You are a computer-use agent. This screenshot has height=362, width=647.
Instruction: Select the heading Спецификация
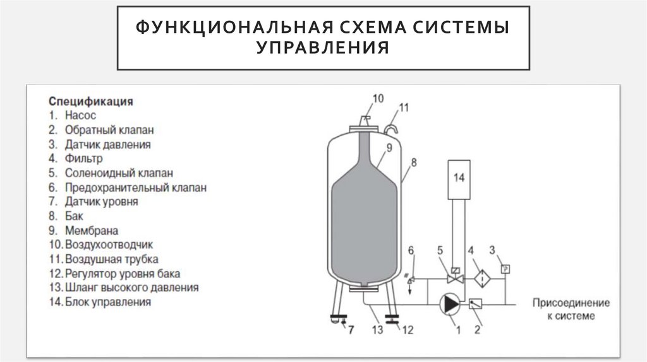[x=90, y=101]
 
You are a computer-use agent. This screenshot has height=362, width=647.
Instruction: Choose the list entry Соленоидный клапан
[x=118, y=173]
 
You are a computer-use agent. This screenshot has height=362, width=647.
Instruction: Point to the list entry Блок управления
[x=107, y=302]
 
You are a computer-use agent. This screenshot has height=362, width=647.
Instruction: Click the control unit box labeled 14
[x=459, y=178]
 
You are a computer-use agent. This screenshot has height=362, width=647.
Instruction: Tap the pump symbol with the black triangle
[x=450, y=304]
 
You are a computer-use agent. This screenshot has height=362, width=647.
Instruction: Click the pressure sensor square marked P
[x=505, y=269]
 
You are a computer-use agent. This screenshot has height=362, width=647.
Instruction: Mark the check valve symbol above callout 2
[x=475, y=304]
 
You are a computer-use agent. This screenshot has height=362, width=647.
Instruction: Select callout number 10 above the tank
[x=377, y=98]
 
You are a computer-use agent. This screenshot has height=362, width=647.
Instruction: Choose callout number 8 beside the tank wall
[x=413, y=162]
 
